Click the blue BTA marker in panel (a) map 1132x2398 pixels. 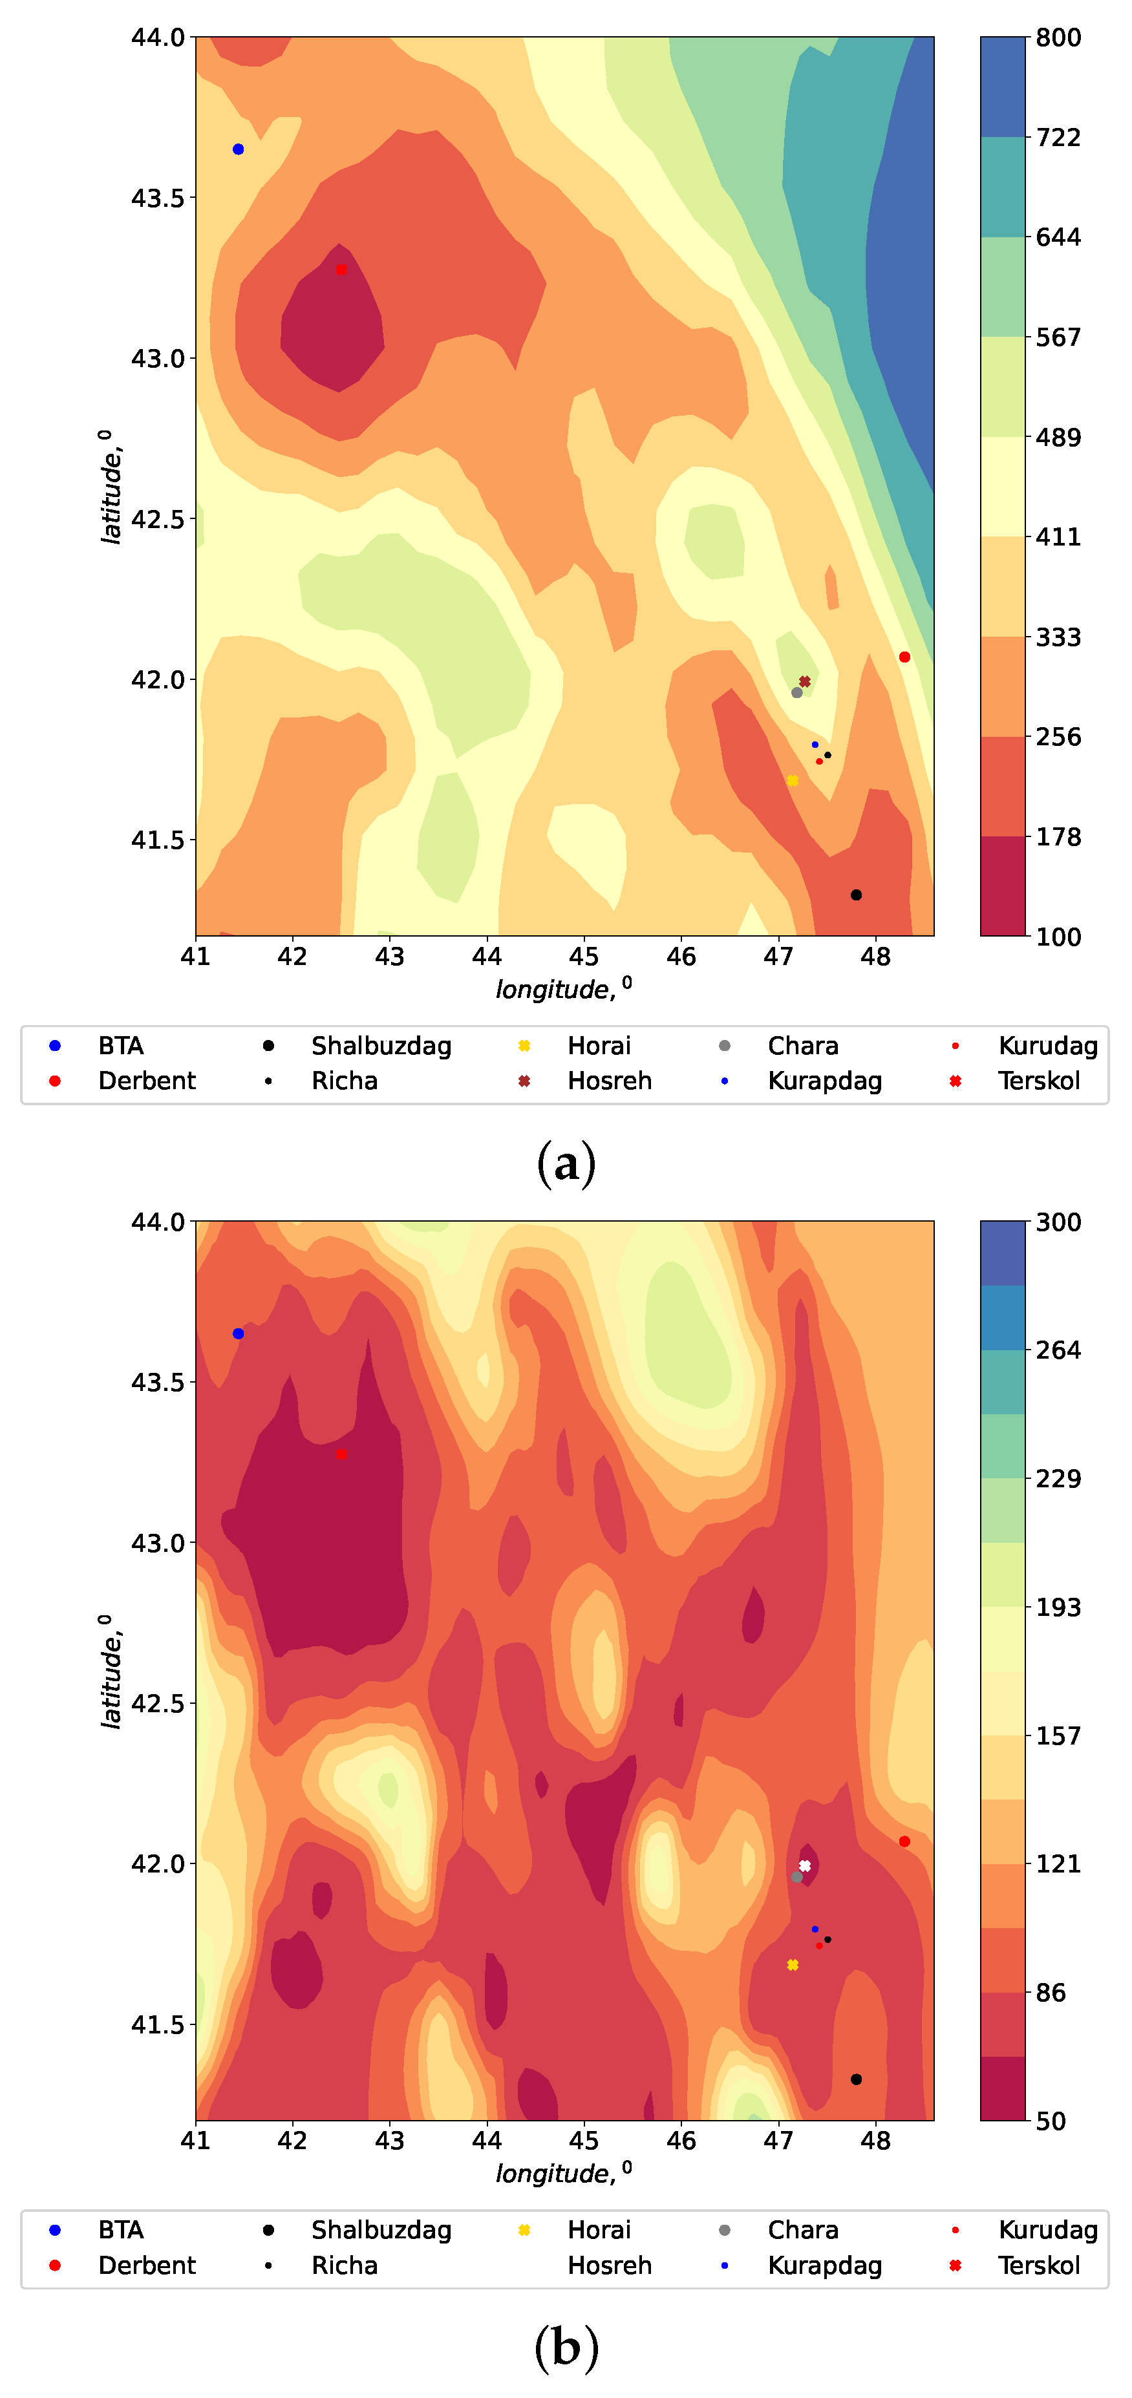[239, 149]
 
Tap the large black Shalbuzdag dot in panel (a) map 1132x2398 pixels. [855, 895]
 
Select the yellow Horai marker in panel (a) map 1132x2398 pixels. [792, 780]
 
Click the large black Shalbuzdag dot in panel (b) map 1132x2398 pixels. [855, 2079]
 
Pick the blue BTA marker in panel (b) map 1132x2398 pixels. [239, 1333]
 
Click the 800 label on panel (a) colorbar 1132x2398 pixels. [1058, 38]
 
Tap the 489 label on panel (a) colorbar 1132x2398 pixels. [1058, 436]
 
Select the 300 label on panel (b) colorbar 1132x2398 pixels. [1058, 1222]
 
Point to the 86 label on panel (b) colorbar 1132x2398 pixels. [1051, 1992]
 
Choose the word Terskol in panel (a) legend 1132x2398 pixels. [1039, 1081]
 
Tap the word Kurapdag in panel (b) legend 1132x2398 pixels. [825, 2265]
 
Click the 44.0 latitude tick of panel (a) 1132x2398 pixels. [158, 38]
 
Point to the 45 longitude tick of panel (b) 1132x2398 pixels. [584, 2141]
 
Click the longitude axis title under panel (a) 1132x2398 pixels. [563, 989]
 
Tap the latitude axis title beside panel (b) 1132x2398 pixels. [111, 1671]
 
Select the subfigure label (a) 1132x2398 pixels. [566, 1163]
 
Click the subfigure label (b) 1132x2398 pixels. [566, 2348]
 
